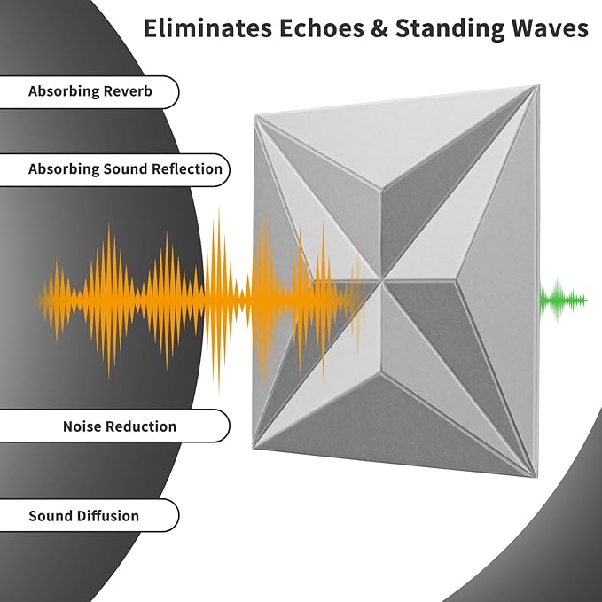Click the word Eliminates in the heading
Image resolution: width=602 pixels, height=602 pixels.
click(207, 28)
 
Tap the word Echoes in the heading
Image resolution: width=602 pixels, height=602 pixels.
click(322, 28)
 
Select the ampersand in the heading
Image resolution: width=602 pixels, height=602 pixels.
click(379, 28)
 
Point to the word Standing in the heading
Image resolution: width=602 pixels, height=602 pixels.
click(450, 29)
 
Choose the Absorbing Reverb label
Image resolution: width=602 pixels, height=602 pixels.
click(90, 91)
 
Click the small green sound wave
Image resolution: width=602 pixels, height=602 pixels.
click(563, 300)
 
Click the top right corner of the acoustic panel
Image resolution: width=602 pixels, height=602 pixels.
click(538, 86)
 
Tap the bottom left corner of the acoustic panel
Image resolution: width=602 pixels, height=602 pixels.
click(254, 448)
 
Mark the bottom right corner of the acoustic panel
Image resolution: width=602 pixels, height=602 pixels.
click(535, 477)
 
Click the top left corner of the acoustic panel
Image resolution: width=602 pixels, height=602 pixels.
click(255, 116)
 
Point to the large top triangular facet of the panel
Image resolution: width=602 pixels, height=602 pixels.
click(395, 138)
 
